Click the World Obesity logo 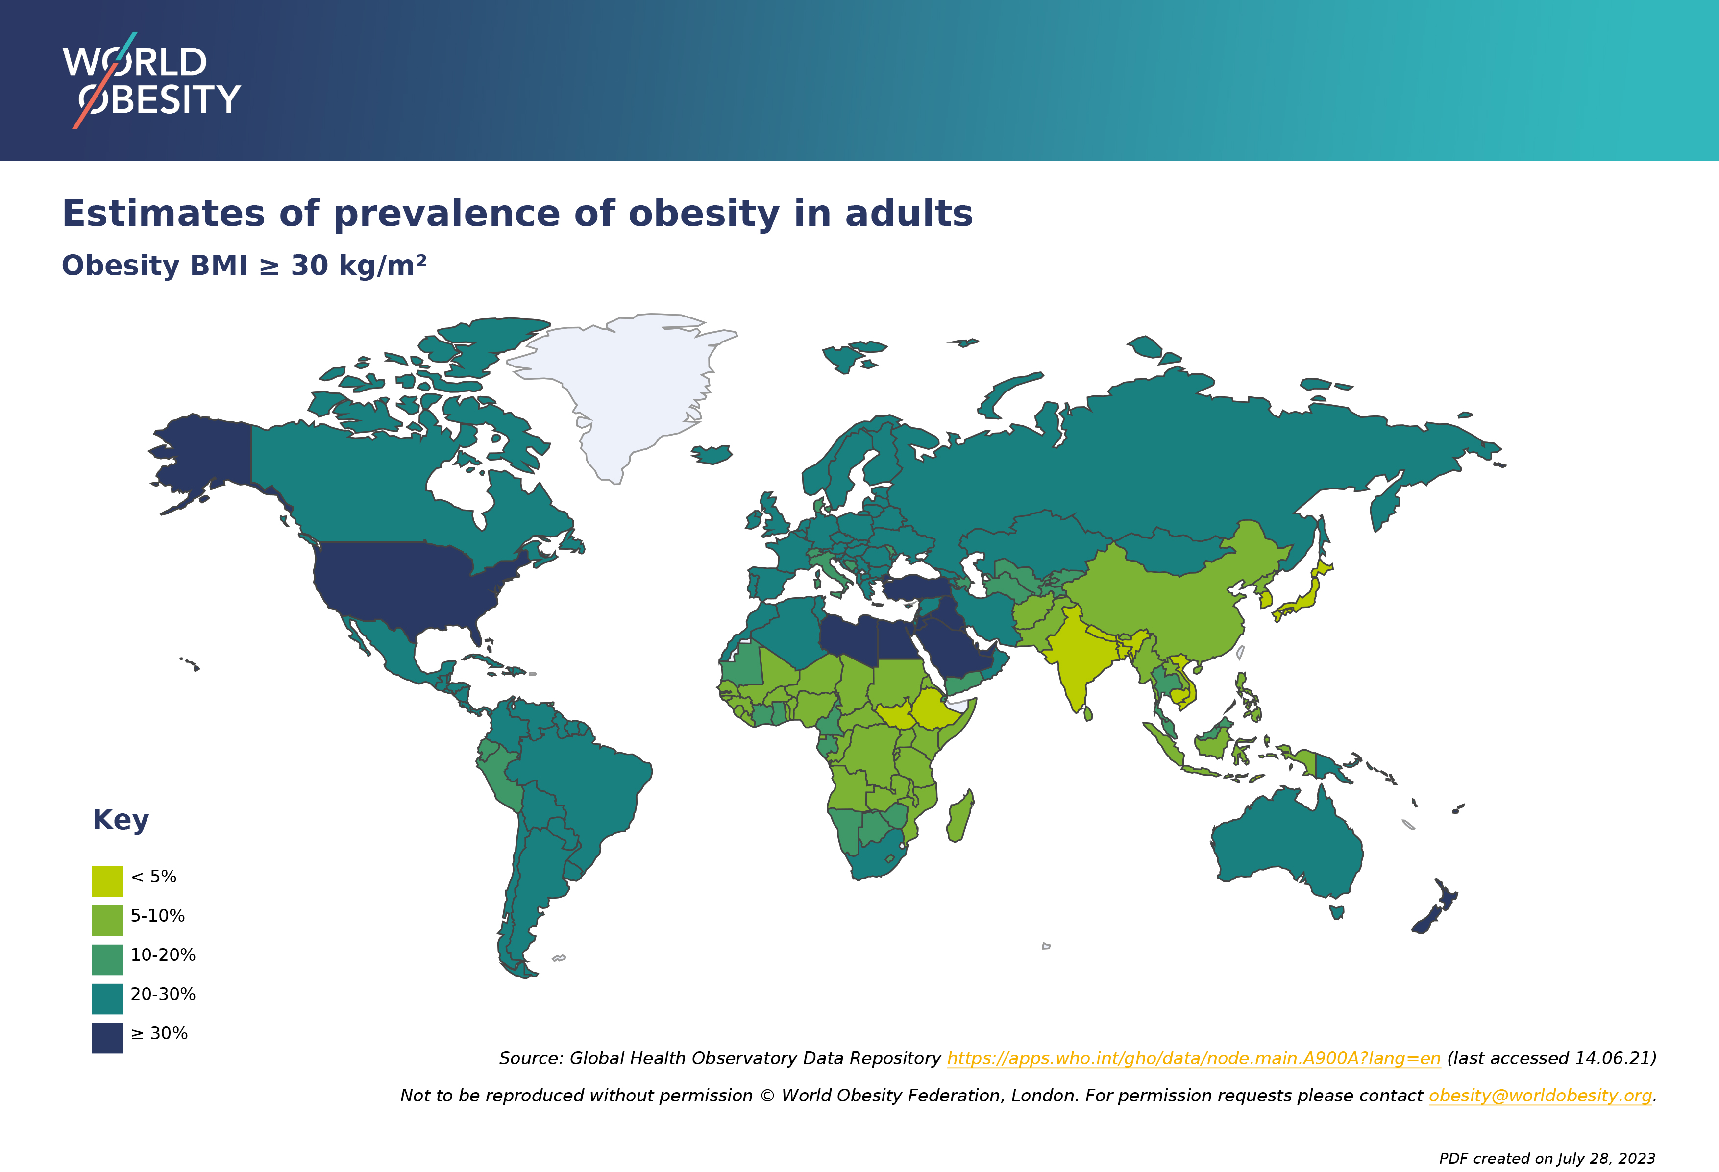[151, 80]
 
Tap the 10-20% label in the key [163, 954]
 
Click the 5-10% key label [158, 915]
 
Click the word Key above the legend [121, 820]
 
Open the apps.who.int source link [1194, 1058]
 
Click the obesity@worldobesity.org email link [1540, 1095]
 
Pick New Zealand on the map [1435, 909]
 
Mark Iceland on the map [712, 454]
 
